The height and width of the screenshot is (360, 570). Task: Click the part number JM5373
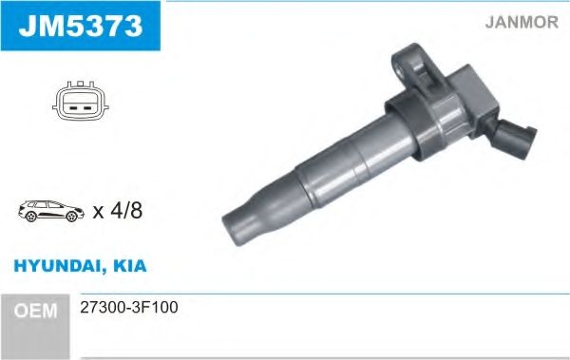point(79,27)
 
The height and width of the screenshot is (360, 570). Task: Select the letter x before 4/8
point(99,212)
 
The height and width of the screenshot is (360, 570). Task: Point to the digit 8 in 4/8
point(137,211)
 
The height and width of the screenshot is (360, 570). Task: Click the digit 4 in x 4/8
point(117,211)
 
